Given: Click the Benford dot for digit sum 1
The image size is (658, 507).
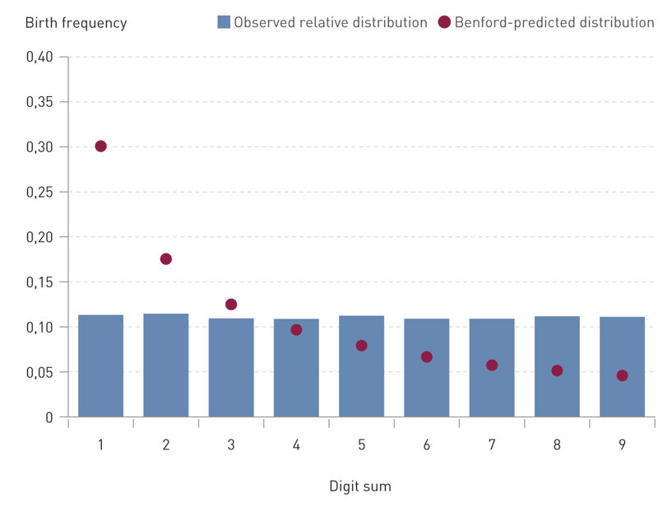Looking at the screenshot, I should click(x=100, y=147).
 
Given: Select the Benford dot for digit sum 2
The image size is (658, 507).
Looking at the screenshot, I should click(x=166, y=259).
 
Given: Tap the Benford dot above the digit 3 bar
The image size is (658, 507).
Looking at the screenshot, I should click(x=231, y=305).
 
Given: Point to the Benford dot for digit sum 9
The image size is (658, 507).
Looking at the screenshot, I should click(x=622, y=375).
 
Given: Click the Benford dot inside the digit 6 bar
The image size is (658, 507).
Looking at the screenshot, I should click(x=426, y=357).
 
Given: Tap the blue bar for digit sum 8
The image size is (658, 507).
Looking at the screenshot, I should click(x=557, y=391).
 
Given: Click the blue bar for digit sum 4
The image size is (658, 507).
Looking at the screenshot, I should click(x=296, y=379).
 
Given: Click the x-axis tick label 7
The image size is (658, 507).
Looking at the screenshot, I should click(x=492, y=445).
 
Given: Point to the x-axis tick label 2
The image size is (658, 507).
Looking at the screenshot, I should click(x=166, y=445).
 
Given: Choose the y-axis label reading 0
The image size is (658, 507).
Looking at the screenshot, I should click(x=49, y=418).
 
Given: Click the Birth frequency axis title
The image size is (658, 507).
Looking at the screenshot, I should click(x=76, y=23).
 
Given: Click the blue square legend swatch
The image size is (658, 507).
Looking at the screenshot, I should click(x=224, y=22).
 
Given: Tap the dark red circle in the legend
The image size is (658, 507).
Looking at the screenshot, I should click(x=444, y=22).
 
